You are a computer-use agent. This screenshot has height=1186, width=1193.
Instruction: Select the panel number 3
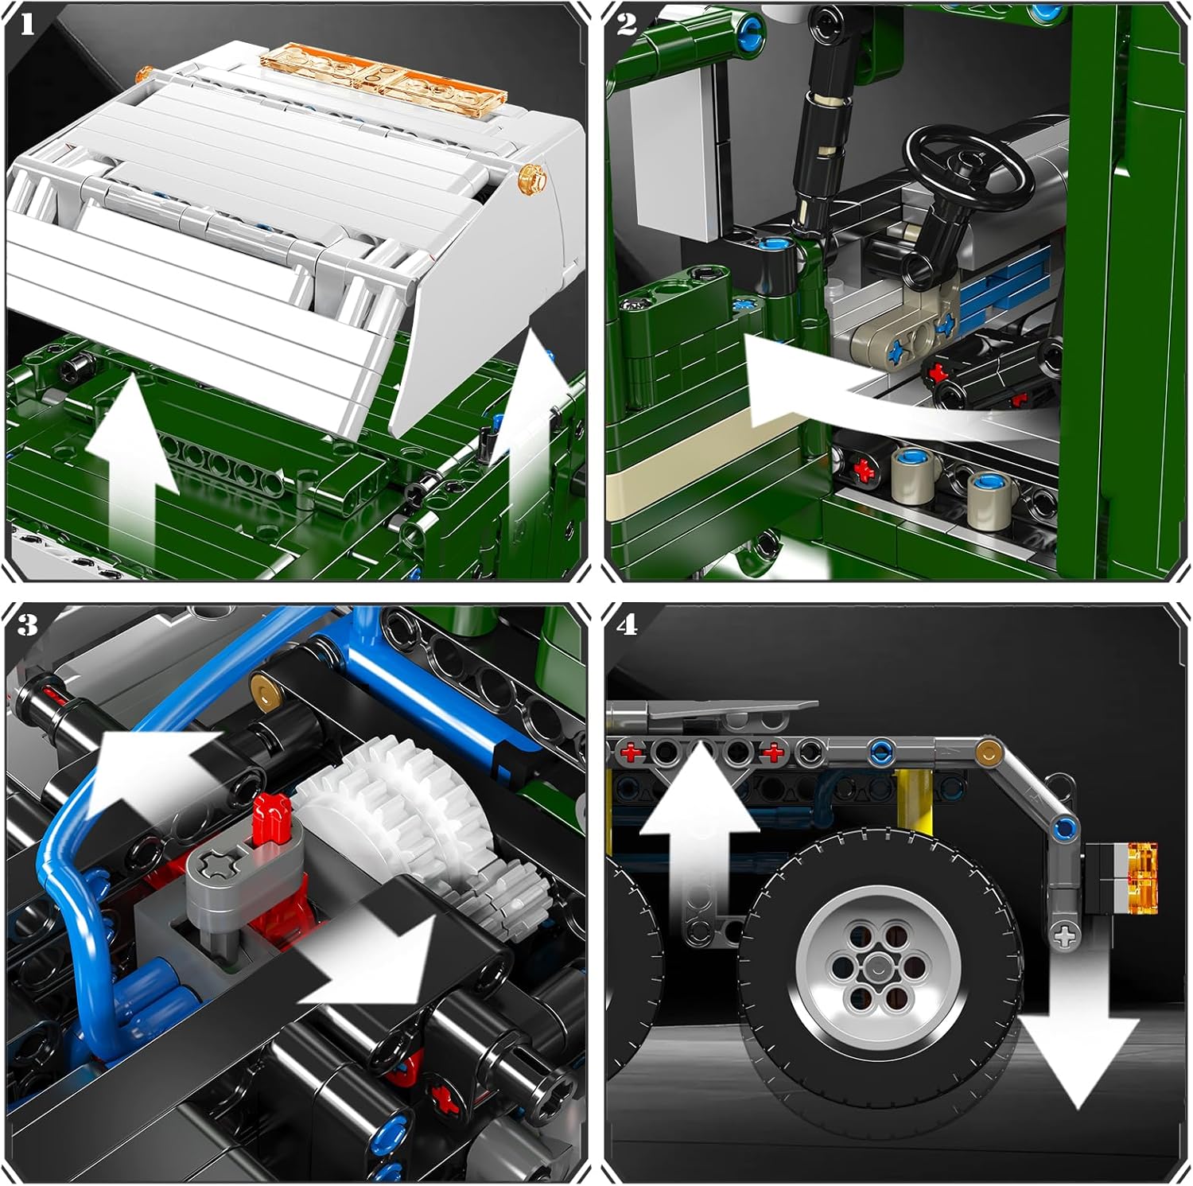click(x=28, y=625)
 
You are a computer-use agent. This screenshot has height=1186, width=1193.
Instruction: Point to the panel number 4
click(x=627, y=625)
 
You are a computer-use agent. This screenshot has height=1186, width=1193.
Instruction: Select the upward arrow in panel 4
click(x=700, y=835)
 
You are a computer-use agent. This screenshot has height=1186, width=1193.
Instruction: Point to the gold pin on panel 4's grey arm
click(x=988, y=749)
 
